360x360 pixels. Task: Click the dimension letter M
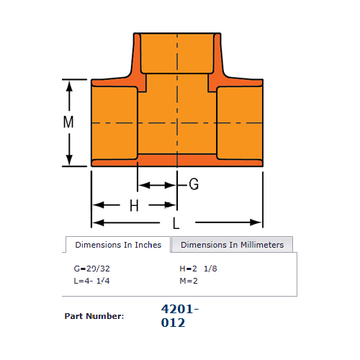pyautogui.click(x=68, y=122)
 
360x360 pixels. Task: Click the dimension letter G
pyautogui.click(x=194, y=184)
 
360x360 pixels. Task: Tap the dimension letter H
pyautogui.click(x=134, y=206)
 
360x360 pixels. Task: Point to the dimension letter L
pyautogui.click(x=176, y=223)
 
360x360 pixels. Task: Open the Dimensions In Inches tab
pyautogui.click(x=118, y=245)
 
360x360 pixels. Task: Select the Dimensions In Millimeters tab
pyautogui.click(x=232, y=245)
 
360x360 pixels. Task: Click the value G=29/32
pyautogui.click(x=92, y=269)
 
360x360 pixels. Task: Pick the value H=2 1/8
pyautogui.click(x=198, y=269)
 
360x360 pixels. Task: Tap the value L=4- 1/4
pyautogui.click(x=91, y=281)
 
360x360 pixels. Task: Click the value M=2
pyautogui.click(x=189, y=281)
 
